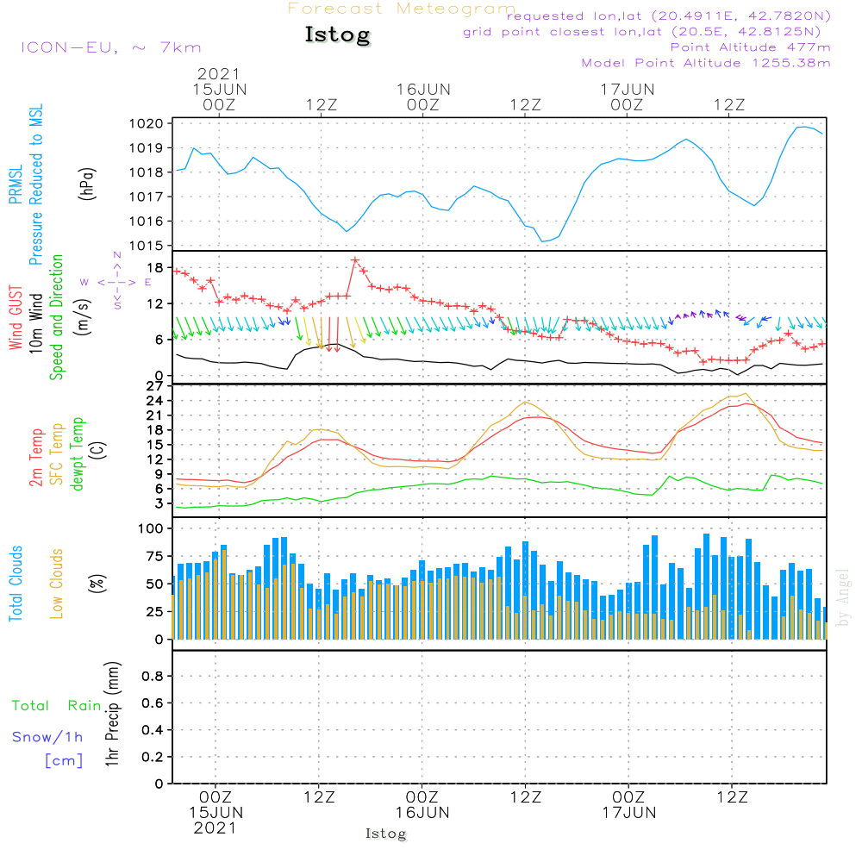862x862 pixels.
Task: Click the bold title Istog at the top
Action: (338, 35)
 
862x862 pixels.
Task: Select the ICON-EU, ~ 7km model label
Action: (111, 47)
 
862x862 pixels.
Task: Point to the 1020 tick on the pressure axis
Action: (147, 123)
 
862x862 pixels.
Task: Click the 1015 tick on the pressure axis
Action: (147, 246)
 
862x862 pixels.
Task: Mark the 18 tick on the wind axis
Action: (155, 268)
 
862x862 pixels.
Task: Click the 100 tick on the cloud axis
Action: (151, 528)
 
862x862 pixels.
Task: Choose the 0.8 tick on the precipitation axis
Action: (153, 676)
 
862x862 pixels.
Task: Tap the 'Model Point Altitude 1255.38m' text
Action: (706, 63)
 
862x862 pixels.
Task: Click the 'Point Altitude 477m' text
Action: (751, 47)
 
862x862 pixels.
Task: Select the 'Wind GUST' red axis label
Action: (16, 317)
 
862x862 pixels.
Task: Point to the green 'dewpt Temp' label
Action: (77, 454)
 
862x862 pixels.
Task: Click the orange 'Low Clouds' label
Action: (57, 584)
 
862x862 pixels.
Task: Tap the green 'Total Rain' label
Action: (57, 706)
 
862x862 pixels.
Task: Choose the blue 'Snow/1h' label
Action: (47, 737)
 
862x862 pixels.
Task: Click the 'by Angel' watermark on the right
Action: (843, 597)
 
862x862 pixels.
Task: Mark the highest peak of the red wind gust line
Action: (355, 260)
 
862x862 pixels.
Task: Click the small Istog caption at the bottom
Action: (386, 834)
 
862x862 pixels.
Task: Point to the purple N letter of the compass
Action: (117, 255)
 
